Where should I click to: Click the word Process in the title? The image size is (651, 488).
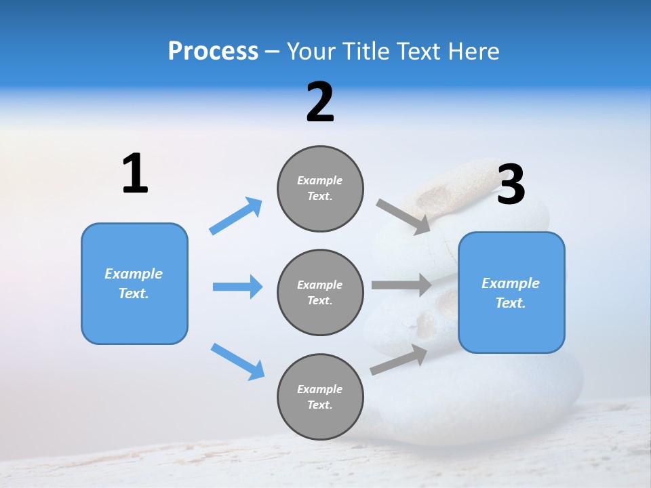point(213,51)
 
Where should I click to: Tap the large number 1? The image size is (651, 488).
point(135,174)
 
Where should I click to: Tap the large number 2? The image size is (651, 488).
point(320,102)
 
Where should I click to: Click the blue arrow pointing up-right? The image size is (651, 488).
point(236,216)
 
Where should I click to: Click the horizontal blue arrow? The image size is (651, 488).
point(237,287)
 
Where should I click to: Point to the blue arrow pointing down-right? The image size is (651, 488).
point(237,361)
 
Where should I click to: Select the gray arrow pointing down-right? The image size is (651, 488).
point(403,216)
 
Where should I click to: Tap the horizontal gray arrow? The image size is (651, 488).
point(401,285)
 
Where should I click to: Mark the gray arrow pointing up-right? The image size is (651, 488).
point(399,360)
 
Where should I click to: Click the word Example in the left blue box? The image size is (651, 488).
point(134,274)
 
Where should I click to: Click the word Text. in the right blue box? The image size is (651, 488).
point(511,303)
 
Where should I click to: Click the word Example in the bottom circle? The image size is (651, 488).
point(320,389)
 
